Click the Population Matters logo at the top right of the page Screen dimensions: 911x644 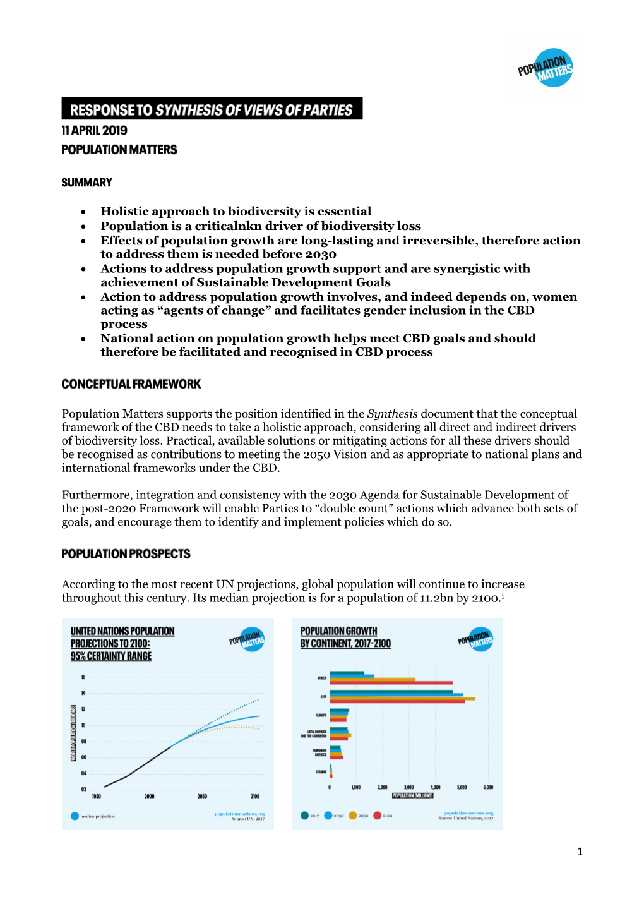[x=546, y=68]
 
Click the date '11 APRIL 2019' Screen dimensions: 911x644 [x=94, y=130]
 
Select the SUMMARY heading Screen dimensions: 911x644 [x=86, y=183]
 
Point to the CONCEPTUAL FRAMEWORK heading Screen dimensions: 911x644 [x=131, y=384]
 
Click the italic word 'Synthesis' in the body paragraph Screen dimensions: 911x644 [x=392, y=414]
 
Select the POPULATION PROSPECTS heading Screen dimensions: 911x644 [x=126, y=554]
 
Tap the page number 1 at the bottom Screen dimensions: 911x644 [x=580, y=852]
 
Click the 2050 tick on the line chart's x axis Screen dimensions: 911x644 [x=202, y=796]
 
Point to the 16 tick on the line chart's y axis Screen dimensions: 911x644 [x=83, y=677]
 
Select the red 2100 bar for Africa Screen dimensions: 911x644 [x=391, y=683]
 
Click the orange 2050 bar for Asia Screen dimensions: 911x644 [x=402, y=698]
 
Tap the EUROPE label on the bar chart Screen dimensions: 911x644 [x=321, y=715]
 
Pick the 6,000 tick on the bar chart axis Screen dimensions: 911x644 [x=488, y=788]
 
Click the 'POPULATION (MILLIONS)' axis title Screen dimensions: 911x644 [x=413, y=795]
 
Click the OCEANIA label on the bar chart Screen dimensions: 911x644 [x=321, y=772]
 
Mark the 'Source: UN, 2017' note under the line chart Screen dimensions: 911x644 [x=247, y=819]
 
